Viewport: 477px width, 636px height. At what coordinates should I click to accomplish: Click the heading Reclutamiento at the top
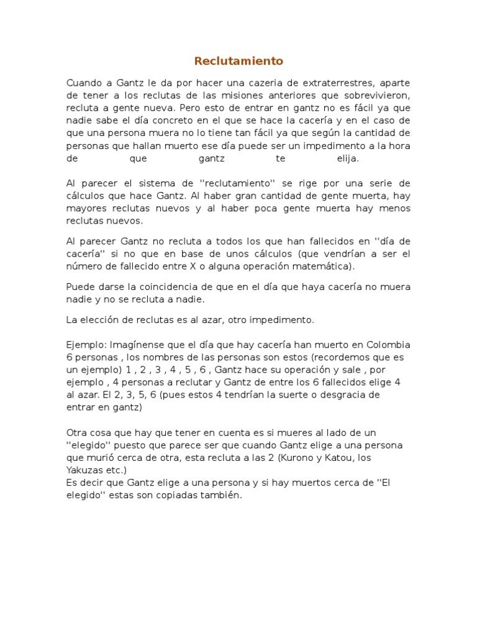pyautogui.click(x=238, y=61)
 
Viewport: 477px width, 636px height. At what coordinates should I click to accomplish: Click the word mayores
pyautogui.click(x=86, y=208)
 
